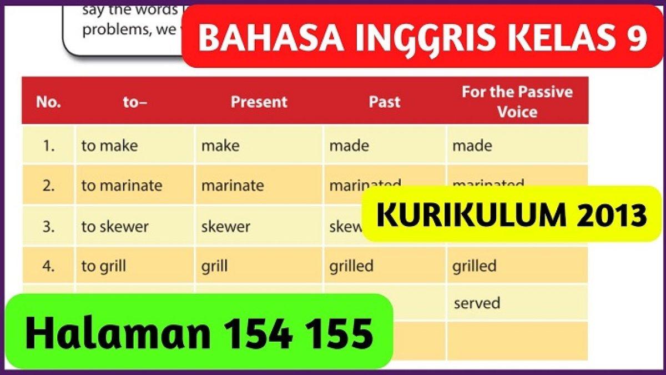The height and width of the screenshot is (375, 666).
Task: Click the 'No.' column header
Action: (x=48, y=102)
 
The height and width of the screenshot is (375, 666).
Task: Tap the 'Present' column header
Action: (x=259, y=102)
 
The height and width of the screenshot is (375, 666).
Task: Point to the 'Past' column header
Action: (x=384, y=102)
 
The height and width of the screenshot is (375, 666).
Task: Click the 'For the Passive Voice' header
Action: (x=517, y=102)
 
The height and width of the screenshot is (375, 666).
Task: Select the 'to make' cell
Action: (x=109, y=146)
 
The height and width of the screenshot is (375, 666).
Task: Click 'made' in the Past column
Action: (x=349, y=146)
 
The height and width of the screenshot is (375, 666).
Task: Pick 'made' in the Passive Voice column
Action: (x=472, y=146)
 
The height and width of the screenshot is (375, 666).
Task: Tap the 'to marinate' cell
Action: (x=122, y=186)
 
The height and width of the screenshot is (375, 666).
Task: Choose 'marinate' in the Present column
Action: (x=233, y=186)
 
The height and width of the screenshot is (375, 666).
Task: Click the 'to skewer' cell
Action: (x=115, y=227)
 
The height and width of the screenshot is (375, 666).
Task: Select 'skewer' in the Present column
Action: (x=225, y=227)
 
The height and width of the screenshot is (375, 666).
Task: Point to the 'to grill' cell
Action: (x=103, y=266)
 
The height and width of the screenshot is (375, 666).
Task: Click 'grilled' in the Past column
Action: (x=351, y=266)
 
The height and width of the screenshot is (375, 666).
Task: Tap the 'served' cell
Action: (x=477, y=303)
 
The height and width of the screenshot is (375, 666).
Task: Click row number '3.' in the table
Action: (x=49, y=227)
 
